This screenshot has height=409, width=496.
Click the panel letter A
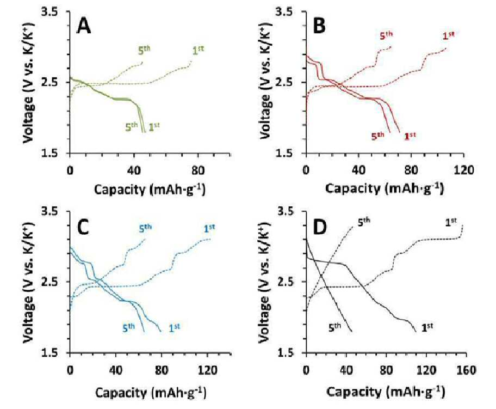point(84,26)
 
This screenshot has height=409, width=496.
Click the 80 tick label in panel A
point(198,170)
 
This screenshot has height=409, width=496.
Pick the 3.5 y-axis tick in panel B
point(286,11)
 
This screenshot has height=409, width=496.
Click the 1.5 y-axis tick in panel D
point(286,352)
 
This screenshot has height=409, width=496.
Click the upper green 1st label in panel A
point(198,50)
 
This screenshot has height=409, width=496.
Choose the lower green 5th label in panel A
point(131,127)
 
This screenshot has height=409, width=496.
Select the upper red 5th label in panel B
point(386,35)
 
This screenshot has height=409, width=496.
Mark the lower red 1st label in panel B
point(410,136)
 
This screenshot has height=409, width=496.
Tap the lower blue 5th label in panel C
point(128,327)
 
